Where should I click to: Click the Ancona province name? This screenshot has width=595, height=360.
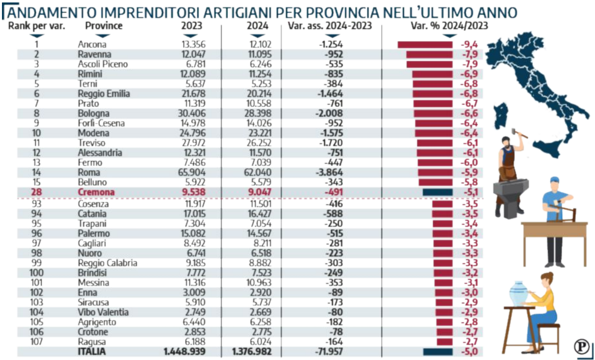(x=92, y=44)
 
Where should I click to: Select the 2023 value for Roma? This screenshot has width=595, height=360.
(x=192, y=173)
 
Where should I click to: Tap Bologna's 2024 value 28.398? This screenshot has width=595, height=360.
(x=258, y=114)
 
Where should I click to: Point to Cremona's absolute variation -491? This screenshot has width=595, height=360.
(x=334, y=192)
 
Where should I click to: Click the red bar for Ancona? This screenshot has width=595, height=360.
(x=425, y=45)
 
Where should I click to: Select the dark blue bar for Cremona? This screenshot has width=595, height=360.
(x=438, y=192)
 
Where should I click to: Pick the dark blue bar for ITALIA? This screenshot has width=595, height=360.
(x=438, y=352)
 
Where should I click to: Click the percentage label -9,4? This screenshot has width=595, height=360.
(x=469, y=44)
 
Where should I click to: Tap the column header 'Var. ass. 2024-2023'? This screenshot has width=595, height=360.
(x=330, y=26)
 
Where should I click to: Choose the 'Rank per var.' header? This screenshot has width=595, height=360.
(x=37, y=26)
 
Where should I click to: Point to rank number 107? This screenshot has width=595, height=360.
(x=37, y=342)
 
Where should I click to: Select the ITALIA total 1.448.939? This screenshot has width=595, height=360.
(x=184, y=352)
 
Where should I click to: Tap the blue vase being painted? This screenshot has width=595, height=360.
(x=518, y=293)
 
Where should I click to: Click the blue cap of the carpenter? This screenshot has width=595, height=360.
(x=555, y=180)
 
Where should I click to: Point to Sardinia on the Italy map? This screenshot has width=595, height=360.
(x=501, y=116)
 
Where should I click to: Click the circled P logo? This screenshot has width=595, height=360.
(x=581, y=346)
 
